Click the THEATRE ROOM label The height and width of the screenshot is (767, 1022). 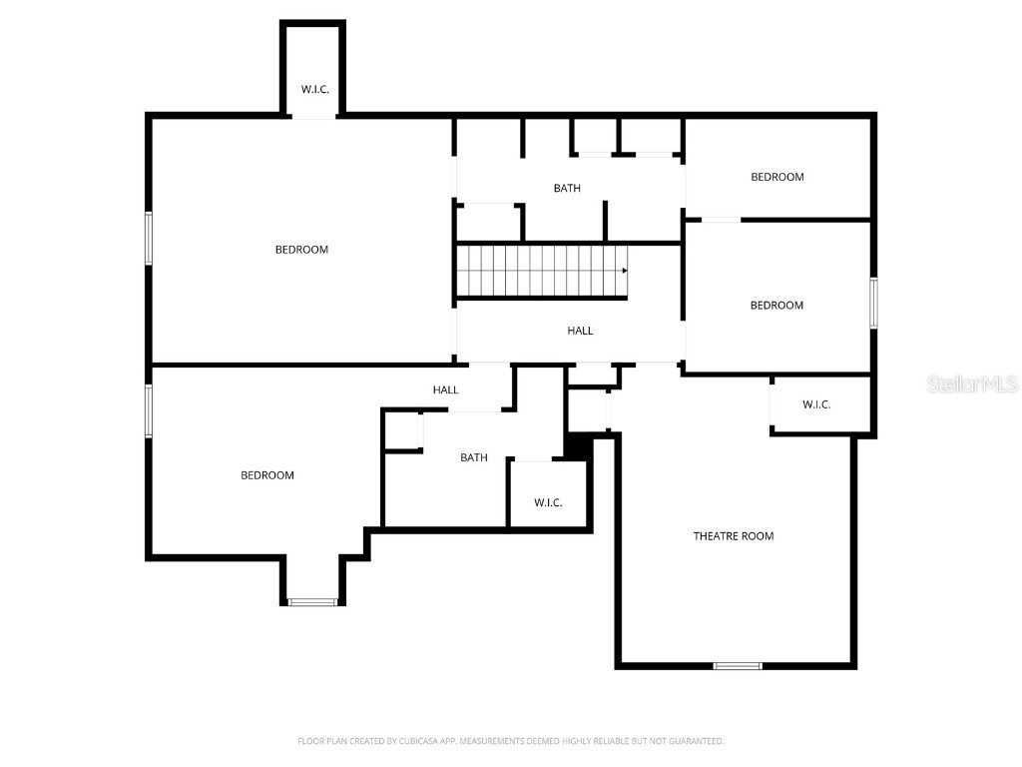pos(734,536)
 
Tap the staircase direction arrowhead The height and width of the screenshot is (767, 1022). pos(625,270)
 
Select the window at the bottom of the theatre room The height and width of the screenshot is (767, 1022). pos(738,665)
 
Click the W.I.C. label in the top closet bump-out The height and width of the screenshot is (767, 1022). pos(315,89)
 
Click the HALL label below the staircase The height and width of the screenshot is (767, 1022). pos(580,331)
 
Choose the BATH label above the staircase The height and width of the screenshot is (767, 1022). pos(567,188)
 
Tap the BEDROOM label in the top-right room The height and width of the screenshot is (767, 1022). pos(776,177)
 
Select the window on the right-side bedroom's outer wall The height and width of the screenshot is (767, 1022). pos(873,303)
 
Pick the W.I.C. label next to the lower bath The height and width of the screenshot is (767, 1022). pos(548,502)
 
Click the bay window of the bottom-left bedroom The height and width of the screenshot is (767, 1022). pos(313,601)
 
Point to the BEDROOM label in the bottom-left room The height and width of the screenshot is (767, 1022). pos(267,475)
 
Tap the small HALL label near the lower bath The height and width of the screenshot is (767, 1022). pos(445,389)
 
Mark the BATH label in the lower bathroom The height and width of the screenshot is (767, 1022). pos(474,457)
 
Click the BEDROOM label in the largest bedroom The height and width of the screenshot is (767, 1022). pos(301,250)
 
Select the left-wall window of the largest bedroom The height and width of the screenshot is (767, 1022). pos(149,238)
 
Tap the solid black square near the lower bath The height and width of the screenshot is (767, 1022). pos(577,445)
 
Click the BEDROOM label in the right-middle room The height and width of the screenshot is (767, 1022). pos(776,306)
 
